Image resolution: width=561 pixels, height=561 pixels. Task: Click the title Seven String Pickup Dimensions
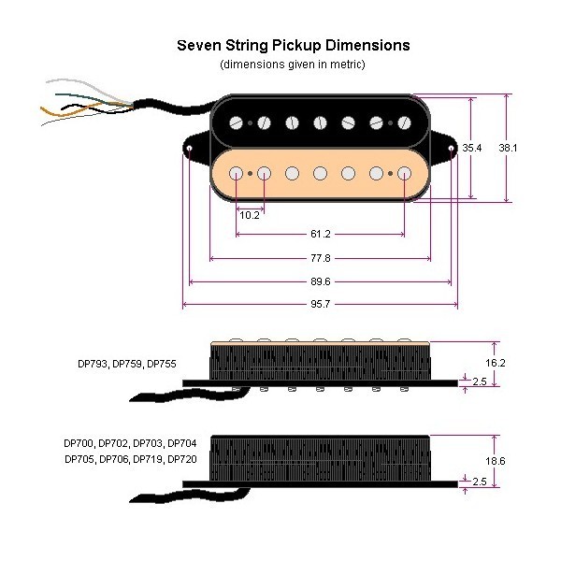coord(293,45)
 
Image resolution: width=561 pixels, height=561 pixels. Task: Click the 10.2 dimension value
coord(250,215)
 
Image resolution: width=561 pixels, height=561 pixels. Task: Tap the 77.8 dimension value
coord(321,259)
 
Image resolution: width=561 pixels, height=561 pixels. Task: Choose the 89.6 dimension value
coord(321,281)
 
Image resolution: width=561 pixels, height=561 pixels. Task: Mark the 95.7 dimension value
coord(321,305)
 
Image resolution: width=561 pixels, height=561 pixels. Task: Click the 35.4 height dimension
coord(472,148)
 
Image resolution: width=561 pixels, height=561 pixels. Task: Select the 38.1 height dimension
coord(509,148)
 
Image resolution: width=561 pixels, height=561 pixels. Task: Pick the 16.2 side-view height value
coord(496,360)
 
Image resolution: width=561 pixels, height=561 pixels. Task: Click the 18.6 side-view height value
coord(496,461)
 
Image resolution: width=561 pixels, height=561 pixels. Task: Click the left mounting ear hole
coord(190,149)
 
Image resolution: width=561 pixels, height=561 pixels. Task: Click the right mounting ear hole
coord(452,149)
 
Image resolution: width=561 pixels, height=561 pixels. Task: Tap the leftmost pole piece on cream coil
coord(237,173)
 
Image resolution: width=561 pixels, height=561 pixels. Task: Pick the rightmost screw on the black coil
coord(405,122)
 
